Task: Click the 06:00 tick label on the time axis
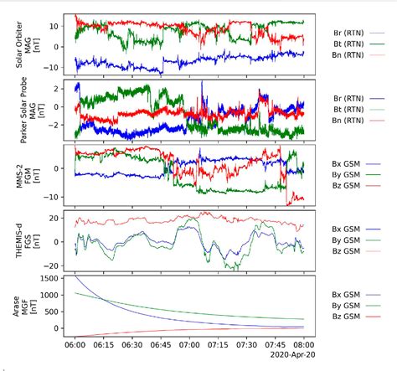point(75,344)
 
